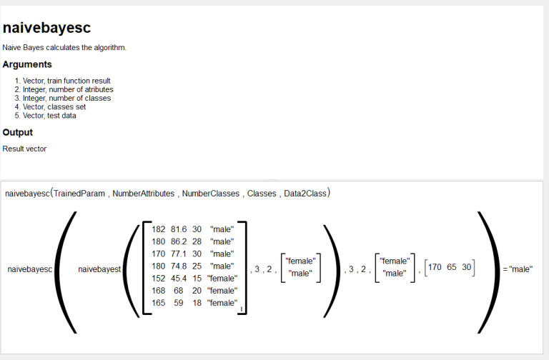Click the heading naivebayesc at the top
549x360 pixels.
coord(46,28)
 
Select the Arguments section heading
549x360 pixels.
coord(27,64)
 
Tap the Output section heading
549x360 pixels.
coord(17,132)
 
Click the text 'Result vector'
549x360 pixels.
coord(24,149)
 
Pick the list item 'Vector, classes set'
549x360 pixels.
coord(54,106)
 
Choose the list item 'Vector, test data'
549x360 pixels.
coord(49,116)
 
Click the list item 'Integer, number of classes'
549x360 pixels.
coord(67,98)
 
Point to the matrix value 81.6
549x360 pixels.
coord(179,229)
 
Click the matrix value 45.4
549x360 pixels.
coord(179,278)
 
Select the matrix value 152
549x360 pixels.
coord(158,278)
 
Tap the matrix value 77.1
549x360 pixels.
coord(179,254)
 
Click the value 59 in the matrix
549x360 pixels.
coord(179,303)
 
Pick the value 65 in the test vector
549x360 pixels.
coord(452,267)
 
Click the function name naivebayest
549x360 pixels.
coord(99,269)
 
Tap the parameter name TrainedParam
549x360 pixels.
coord(79,194)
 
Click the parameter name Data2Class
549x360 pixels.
coord(305,194)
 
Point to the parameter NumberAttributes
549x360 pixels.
coord(143,194)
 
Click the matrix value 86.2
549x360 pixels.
coord(179,241)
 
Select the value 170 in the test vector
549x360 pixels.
coord(435,267)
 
